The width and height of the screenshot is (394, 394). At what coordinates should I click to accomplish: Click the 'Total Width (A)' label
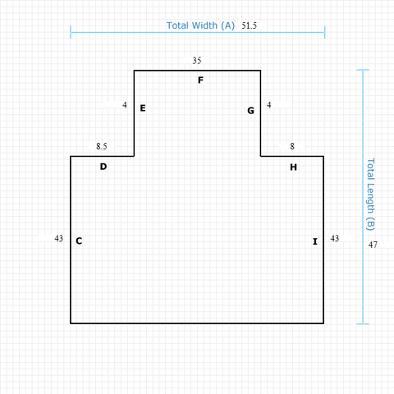point(200,25)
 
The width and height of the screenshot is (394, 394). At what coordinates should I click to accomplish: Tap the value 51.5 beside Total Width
point(249,25)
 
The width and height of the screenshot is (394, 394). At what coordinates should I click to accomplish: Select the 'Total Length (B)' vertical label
point(370,195)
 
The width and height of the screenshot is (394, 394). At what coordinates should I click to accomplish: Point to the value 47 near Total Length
point(373,245)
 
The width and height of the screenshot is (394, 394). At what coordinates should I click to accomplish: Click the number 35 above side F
point(197,61)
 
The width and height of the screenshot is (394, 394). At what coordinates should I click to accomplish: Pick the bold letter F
point(200,80)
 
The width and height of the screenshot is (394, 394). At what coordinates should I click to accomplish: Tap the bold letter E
point(143,108)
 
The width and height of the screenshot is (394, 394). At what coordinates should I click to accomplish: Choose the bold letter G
point(250,111)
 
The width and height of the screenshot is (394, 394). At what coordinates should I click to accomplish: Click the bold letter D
point(103,167)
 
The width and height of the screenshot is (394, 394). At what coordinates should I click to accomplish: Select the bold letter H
point(293,167)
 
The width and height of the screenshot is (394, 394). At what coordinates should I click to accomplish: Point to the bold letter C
point(79,241)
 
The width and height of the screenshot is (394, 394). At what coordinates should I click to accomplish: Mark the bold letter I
point(315,241)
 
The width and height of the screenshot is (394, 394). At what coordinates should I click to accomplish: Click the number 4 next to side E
point(125,105)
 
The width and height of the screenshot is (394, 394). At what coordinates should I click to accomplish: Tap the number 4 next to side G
point(269,105)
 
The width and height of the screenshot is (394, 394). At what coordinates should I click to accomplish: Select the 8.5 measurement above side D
point(102,146)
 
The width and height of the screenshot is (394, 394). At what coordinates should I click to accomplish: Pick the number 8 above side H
point(292,146)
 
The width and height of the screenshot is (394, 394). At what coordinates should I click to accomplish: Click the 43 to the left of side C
point(59,239)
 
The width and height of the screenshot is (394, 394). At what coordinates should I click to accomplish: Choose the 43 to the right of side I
point(335,239)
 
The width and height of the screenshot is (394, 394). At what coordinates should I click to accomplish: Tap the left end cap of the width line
point(71,32)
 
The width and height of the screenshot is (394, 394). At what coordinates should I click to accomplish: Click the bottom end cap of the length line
point(363,324)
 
